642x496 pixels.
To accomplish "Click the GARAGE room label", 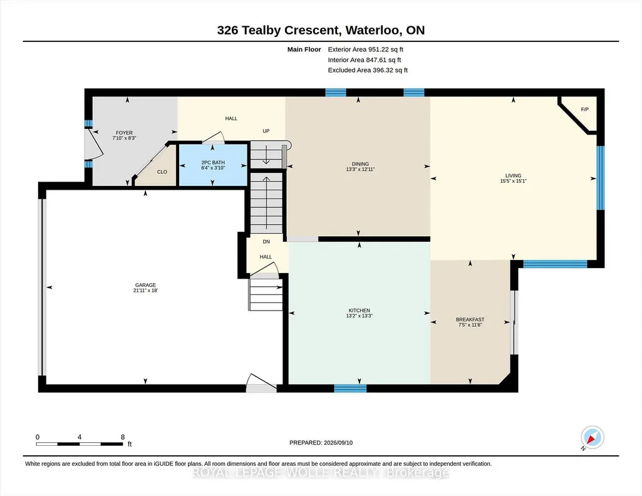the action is tap(145, 285).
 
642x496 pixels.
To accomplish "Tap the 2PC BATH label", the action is tap(213, 162).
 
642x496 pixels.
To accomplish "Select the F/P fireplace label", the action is tap(584, 109).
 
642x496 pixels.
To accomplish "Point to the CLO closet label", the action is tap(162, 172).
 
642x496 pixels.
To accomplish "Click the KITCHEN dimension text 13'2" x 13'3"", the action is tap(360, 316).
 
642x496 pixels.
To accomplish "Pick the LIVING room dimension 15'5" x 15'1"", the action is tap(513, 181).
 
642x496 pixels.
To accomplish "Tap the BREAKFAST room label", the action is tap(470, 319).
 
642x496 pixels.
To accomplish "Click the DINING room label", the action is tap(360, 163).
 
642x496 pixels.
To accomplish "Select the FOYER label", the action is tap(124, 133).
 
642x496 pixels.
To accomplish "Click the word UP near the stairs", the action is tap(266, 131).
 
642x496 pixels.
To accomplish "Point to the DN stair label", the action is tap(266, 242).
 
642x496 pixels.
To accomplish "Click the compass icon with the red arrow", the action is tap(592, 437).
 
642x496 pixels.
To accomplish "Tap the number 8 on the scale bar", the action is tap(122, 437).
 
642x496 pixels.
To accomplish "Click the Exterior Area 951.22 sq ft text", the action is tap(366, 49).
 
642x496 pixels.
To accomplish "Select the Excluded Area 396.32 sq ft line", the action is tap(368, 70).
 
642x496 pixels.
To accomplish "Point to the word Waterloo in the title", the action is tap(373, 30).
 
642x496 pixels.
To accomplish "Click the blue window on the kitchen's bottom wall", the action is tap(350, 388).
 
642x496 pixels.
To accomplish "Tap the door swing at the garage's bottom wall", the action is tap(262, 383).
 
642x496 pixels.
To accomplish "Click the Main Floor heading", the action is tap(304, 49).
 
